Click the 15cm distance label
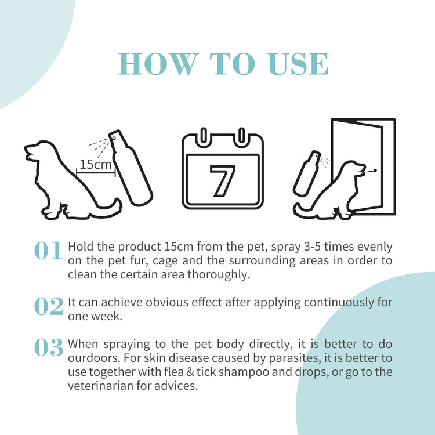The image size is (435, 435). (x=96, y=165)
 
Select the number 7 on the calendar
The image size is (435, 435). (x=222, y=181)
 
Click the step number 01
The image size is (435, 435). (x=48, y=251)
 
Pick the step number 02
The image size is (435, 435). (x=48, y=307)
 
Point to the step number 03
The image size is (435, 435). (x=48, y=347)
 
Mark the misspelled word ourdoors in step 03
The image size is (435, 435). (x=92, y=358)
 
